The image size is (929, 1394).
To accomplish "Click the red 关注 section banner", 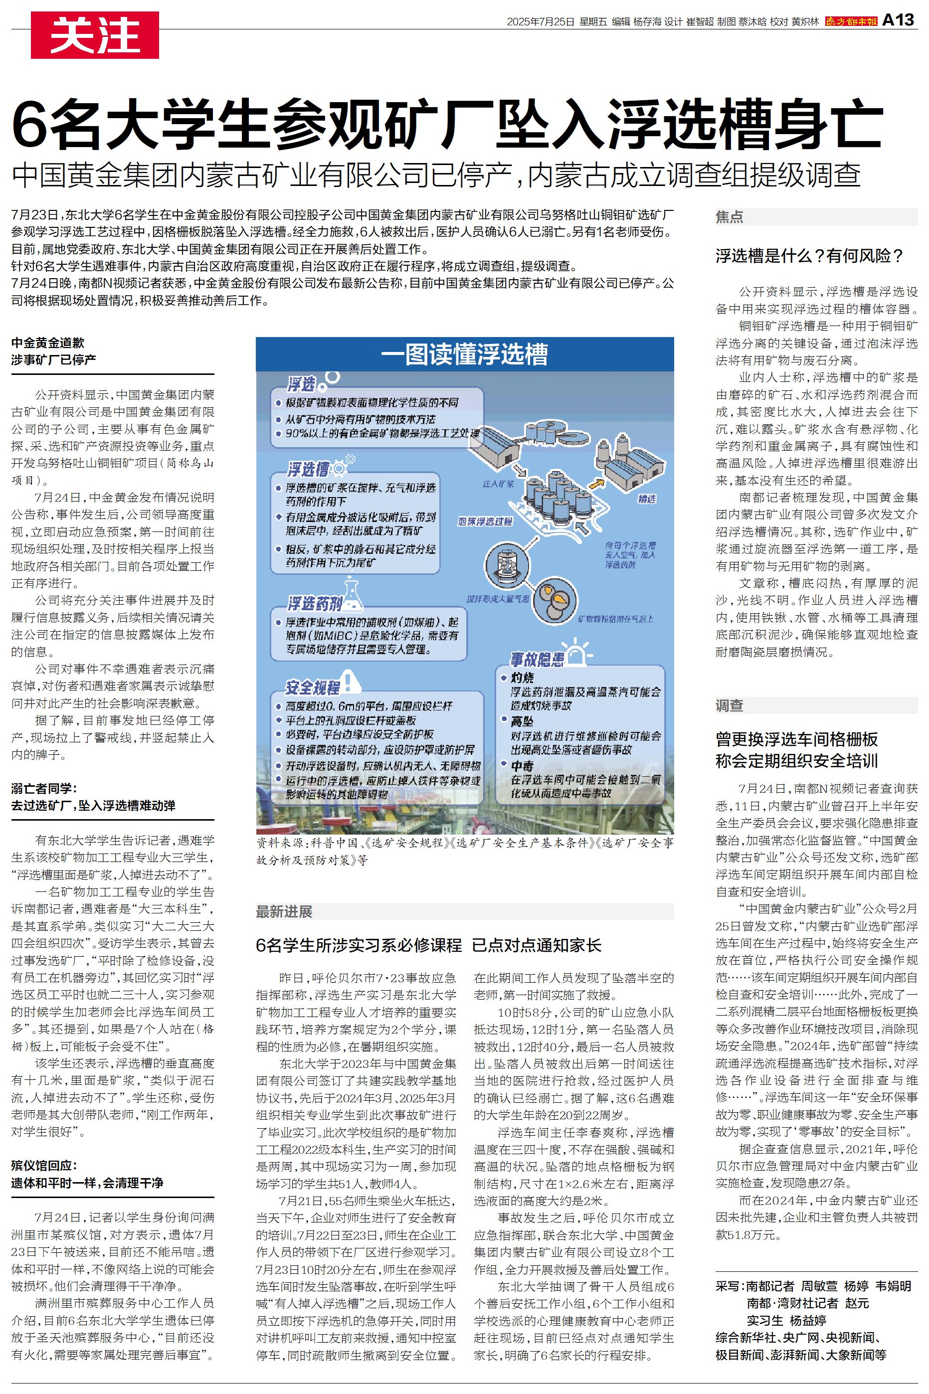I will click(x=95, y=35).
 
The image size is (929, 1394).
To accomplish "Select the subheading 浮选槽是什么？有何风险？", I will click(x=809, y=256).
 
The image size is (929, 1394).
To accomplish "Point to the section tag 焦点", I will click(x=730, y=217).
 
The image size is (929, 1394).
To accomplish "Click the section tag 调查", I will click(x=730, y=705).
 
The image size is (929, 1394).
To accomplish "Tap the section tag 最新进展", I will click(x=284, y=911).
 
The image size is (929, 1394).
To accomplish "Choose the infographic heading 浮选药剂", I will click(x=315, y=603).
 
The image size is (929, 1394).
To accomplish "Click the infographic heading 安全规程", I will click(x=312, y=688).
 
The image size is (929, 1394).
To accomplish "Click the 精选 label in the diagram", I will click(x=646, y=499).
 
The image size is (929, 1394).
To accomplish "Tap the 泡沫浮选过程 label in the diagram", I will click(x=485, y=521).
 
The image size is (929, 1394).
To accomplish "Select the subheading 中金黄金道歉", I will click(x=47, y=343).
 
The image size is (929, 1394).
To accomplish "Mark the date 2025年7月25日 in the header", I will click(x=541, y=22).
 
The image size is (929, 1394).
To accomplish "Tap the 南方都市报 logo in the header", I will click(x=851, y=22).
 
